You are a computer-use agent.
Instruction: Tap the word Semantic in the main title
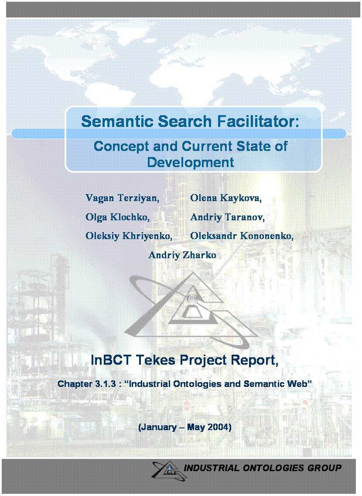click(x=117, y=121)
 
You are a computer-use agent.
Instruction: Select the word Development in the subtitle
click(x=190, y=162)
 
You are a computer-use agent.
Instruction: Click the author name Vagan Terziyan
click(x=122, y=198)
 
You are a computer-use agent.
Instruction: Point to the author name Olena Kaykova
click(x=226, y=198)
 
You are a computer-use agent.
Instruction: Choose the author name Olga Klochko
click(x=117, y=217)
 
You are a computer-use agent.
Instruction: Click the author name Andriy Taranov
click(x=227, y=217)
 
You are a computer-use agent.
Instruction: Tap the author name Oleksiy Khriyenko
click(x=129, y=236)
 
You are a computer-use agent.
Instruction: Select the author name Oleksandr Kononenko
click(x=242, y=236)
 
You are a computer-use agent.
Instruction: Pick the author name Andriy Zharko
click(x=182, y=255)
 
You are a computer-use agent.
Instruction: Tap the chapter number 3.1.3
click(x=105, y=384)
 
